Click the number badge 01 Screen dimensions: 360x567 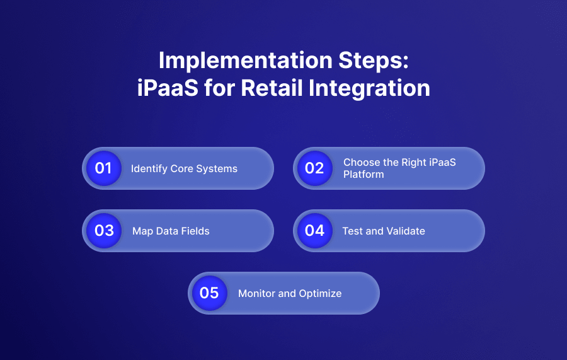click(x=103, y=168)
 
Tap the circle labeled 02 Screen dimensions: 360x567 click(x=314, y=168)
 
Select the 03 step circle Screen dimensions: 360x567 click(x=103, y=231)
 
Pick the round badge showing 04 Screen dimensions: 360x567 click(x=314, y=231)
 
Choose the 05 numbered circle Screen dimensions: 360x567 click(x=209, y=293)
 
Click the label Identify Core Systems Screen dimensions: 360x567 click(x=184, y=168)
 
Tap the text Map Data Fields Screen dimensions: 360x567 click(x=171, y=231)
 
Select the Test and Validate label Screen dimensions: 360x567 click(x=383, y=231)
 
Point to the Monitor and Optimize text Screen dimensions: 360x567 click(x=290, y=293)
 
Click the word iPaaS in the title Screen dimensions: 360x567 click(x=166, y=88)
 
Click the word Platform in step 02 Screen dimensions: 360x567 click(x=364, y=174)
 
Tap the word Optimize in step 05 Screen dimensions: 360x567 click(x=321, y=293)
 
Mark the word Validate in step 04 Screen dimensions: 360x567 click(x=404, y=231)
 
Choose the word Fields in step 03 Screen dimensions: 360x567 click(x=195, y=231)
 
